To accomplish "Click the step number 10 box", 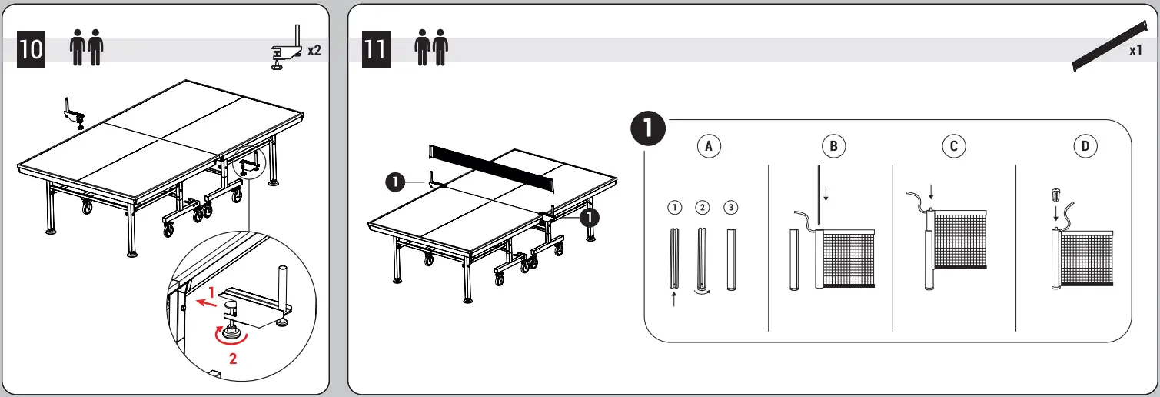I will coord(32,48).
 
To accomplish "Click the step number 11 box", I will coord(377,48).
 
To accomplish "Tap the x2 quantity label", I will coord(314,51).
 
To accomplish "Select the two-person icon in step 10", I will coord(86,48).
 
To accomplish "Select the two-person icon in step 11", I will coord(430,48).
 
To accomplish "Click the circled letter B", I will coord(833,146).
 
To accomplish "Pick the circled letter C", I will coord(954,146).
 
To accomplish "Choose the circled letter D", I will coord(1085,146).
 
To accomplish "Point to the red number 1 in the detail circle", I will coord(211,293).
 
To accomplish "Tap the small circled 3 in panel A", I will coord(730,207).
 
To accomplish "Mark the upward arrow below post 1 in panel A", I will coord(674,301).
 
